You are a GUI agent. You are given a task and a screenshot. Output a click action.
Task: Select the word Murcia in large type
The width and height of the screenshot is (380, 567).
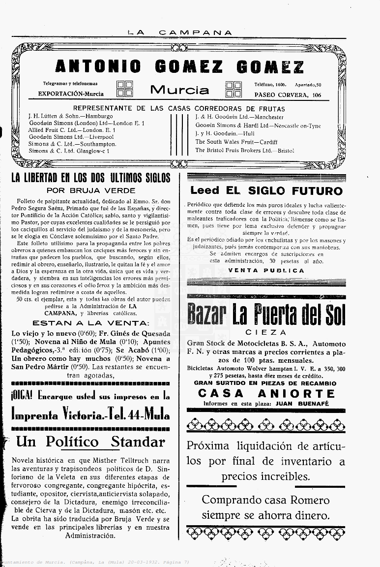coord(179,90)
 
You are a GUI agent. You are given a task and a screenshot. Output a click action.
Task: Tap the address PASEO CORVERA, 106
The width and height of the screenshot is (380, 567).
coord(288,94)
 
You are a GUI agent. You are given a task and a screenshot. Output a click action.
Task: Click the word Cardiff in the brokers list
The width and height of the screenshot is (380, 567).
coord(268,142)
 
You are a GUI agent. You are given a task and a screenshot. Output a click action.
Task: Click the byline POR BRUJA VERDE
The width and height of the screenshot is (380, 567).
coord(91,190)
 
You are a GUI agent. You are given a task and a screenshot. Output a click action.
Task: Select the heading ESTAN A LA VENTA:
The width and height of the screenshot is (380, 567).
coord(90,323)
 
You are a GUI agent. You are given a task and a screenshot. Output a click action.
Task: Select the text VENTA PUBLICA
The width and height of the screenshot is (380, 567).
coord(266,270)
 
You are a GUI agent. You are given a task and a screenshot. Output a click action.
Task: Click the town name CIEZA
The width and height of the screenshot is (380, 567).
coord(265,333)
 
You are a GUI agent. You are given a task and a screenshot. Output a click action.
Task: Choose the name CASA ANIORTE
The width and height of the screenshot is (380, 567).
coord(266,393)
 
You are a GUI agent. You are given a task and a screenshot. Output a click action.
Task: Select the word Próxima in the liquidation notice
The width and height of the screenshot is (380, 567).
coord(208,446)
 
